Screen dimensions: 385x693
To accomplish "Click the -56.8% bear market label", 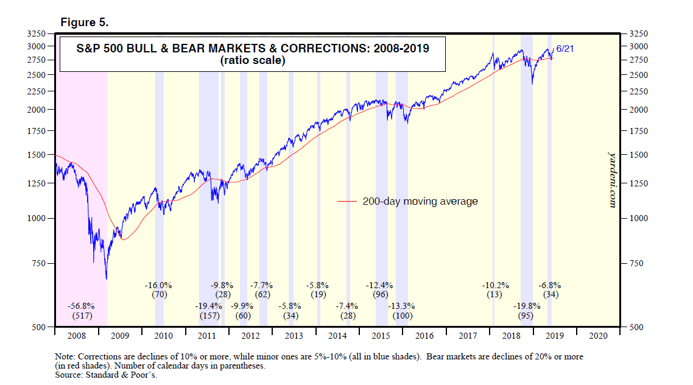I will tap(80, 306).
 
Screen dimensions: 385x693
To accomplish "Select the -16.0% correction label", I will tap(158, 284).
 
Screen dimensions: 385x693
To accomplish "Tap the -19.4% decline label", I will tap(208, 306).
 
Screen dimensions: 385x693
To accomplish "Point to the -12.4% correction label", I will tap(379, 284).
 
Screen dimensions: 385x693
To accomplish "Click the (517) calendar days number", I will tap(80, 316).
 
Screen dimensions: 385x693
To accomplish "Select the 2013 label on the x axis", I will tap(294, 336).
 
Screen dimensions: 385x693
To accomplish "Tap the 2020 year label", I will tap(598, 336).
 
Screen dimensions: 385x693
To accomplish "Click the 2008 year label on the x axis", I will tap(76, 336).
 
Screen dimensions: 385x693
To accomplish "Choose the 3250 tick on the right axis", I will tap(630, 34).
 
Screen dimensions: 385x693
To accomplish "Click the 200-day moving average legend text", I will tap(420, 201).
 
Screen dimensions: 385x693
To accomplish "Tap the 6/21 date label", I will tap(565, 48).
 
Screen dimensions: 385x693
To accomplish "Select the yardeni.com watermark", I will tap(613, 180).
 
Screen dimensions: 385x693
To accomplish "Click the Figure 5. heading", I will tap(84, 23).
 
